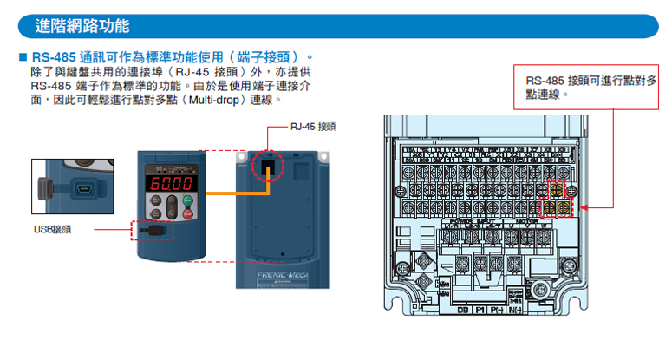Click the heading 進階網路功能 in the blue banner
coord(82,26)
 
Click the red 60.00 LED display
coord(170,186)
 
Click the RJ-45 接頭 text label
coord(314,127)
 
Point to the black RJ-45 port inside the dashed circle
coord(269,165)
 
